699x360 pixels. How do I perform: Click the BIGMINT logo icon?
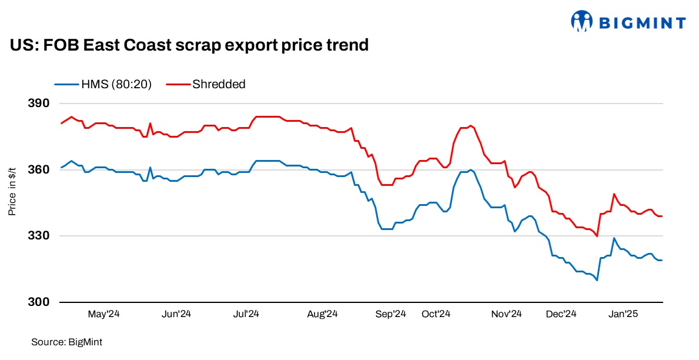click(582, 21)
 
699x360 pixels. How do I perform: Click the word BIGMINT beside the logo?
click(642, 23)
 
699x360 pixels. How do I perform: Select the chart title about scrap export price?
click(189, 45)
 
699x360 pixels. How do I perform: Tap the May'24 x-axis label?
click(104, 314)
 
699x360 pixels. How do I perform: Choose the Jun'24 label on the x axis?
click(176, 314)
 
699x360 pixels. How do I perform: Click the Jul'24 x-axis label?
click(248, 314)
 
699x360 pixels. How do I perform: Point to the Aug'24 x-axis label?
click(322, 314)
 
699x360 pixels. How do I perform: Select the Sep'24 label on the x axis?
click(391, 314)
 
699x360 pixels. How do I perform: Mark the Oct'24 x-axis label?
click(436, 314)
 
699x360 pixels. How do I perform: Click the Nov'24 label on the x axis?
click(507, 314)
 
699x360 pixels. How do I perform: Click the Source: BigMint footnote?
click(63, 341)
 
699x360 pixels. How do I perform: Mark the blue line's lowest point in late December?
click(597, 280)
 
